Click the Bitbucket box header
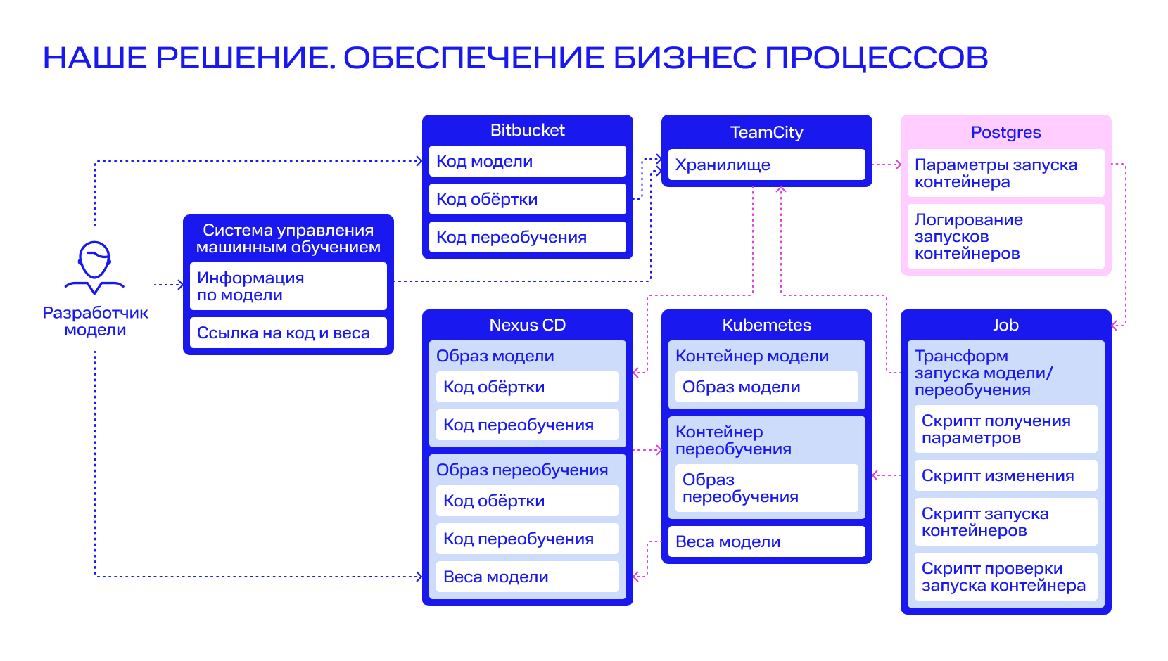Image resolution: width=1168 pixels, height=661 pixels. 527,130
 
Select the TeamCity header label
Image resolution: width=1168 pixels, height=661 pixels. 766,132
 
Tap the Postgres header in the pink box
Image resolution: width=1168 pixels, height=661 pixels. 1006,132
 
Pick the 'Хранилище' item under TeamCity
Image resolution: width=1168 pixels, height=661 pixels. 766,165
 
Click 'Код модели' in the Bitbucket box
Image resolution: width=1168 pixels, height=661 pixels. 527,161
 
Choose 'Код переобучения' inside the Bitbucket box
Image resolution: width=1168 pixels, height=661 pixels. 527,237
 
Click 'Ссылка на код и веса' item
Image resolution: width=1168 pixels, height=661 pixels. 288,333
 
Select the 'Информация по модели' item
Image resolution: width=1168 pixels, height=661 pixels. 288,286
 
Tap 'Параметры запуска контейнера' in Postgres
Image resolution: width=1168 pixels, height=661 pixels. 1006,173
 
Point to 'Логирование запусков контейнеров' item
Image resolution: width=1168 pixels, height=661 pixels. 1006,236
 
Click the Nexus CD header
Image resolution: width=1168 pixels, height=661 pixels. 527,325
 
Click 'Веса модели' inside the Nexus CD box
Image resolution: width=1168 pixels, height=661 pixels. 527,577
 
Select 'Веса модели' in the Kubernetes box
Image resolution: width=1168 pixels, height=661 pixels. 766,541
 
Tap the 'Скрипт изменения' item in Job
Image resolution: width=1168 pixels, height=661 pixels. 1006,475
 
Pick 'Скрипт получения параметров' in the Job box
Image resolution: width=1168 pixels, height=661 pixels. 1006,429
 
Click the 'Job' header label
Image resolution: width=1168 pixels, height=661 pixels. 1006,325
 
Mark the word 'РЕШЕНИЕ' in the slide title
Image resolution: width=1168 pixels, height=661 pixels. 246,58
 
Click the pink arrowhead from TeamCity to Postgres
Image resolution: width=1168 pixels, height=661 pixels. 899,165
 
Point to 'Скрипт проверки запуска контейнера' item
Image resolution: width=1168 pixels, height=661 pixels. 1006,577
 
